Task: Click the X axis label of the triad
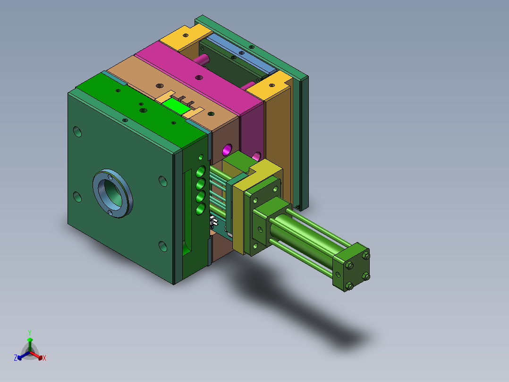(x=44, y=358)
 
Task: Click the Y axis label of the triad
(x=29, y=332)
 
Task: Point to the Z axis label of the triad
(x=16, y=358)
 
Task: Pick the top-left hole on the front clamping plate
(x=77, y=132)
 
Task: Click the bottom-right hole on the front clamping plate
(x=162, y=246)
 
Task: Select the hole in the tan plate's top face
(x=160, y=86)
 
